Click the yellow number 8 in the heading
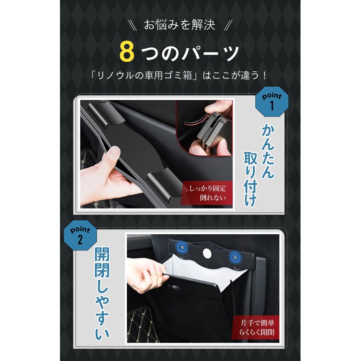pos(127,52)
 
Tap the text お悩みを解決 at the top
pos(180,25)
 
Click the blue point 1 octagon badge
pos(272,102)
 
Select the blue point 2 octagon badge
pos(80,235)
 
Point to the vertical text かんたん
pos(268,152)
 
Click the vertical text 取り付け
pos(250,179)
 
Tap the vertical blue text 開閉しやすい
pos(102,294)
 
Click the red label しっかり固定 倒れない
pos(207,193)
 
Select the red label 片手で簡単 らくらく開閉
pos(255,328)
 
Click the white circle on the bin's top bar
pos(207,253)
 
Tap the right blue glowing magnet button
pos(235,257)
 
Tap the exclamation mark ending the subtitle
pos(264,75)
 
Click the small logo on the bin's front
pos(176,287)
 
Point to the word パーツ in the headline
pos(210,53)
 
